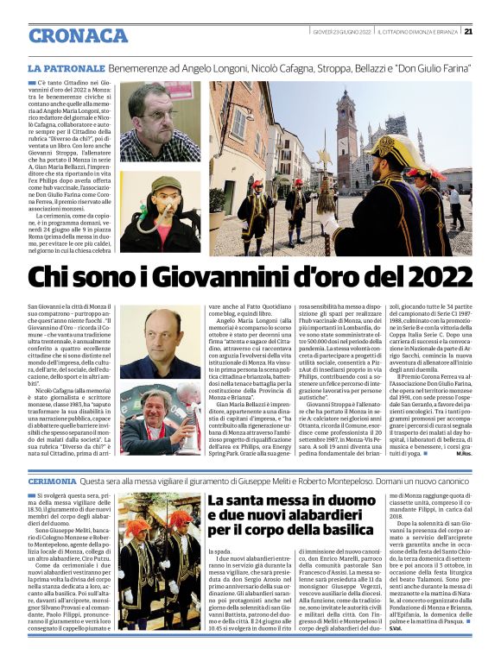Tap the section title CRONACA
[x=78, y=35]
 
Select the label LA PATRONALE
[x=67, y=67]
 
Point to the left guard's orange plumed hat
[x=136, y=526]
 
